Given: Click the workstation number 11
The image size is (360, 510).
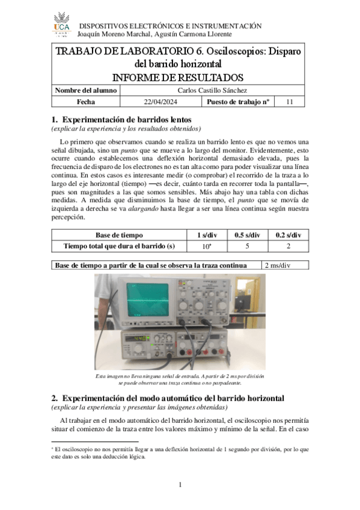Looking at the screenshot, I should tap(290, 102).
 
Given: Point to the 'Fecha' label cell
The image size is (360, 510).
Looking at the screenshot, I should tap(86, 102).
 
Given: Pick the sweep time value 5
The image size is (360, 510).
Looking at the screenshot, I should tap(246, 245).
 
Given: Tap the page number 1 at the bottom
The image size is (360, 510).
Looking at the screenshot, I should tap(180, 485).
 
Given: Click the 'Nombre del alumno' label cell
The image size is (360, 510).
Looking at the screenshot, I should tap(86, 90).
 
